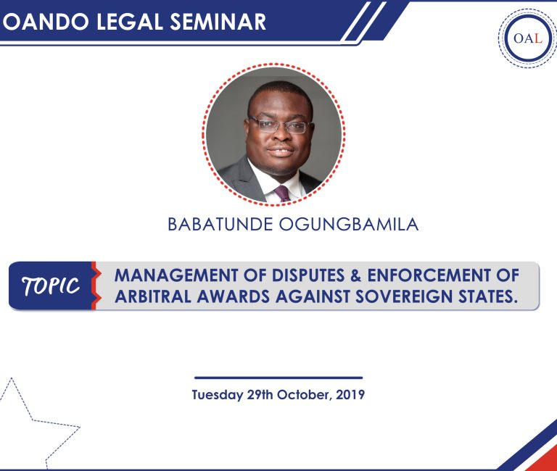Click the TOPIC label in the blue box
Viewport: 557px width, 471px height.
point(51,286)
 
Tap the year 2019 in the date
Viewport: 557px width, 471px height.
point(349,396)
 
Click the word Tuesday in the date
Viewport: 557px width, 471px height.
point(217,396)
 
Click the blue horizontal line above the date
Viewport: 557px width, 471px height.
point(278,378)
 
